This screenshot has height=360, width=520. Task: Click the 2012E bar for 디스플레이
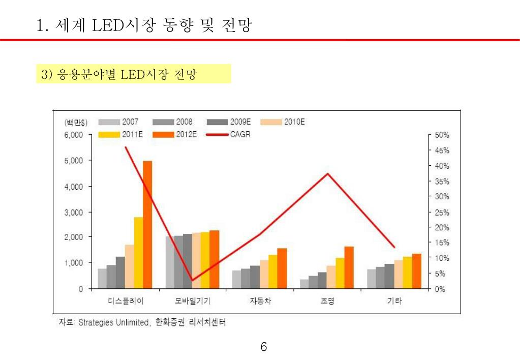(x=147, y=224)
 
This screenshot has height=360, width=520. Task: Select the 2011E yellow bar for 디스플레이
(x=138, y=253)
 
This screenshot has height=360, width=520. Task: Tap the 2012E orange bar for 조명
(x=349, y=267)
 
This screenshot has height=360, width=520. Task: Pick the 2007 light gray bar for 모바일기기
(x=170, y=262)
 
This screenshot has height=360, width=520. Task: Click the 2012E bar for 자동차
(x=282, y=268)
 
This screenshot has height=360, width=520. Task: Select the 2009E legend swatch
(x=217, y=122)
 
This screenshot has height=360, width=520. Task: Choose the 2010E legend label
(x=294, y=122)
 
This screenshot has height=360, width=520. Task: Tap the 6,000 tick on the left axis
(x=73, y=135)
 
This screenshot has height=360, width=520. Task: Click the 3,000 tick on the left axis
(x=73, y=212)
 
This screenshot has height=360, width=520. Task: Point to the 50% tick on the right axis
(x=442, y=135)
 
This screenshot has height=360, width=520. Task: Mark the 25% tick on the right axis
(x=442, y=212)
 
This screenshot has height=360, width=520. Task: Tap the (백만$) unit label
(x=75, y=123)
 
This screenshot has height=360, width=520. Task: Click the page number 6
(x=263, y=347)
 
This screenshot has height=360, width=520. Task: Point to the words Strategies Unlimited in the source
(x=114, y=322)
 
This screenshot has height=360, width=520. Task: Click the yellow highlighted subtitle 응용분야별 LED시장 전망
(x=133, y=74)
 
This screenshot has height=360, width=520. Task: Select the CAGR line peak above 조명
(x=328, y=174)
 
